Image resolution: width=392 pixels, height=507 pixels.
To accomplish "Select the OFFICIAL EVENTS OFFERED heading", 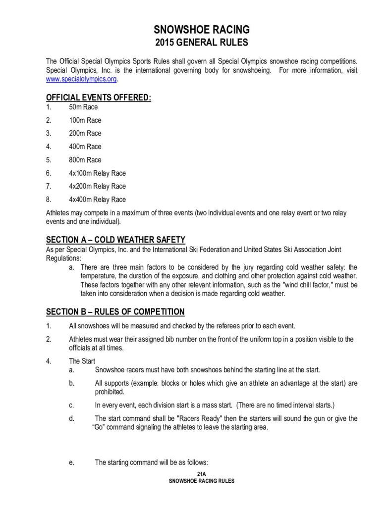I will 98,98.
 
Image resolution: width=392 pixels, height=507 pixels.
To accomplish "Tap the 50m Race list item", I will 83,107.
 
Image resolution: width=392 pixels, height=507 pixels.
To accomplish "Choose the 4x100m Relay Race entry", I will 98,173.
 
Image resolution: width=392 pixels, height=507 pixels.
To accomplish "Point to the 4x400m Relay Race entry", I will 98,200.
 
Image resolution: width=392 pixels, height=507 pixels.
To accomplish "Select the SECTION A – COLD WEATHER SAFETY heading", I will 115,240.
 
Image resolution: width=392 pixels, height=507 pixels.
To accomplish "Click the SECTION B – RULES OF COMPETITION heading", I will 115,311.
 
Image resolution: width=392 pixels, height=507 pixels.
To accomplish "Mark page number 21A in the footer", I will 201,474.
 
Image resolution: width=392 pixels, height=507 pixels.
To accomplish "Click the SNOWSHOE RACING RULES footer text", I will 201,481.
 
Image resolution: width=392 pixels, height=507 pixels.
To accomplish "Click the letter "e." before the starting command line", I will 72,462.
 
